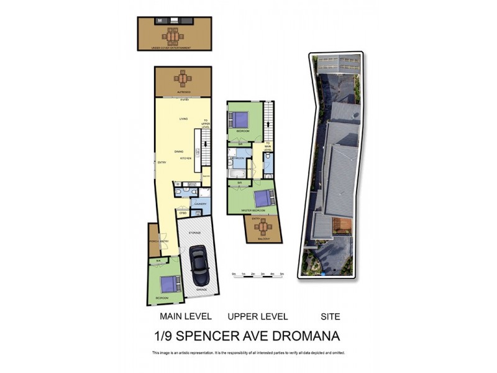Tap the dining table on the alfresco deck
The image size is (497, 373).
point(183,80)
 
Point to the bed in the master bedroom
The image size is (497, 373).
point(262,198)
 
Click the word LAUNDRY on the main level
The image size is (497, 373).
point(200,204)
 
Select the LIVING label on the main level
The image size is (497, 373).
point(183,118)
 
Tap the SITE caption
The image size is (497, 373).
point(331,316)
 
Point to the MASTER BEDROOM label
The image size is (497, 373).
point(253,211)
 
